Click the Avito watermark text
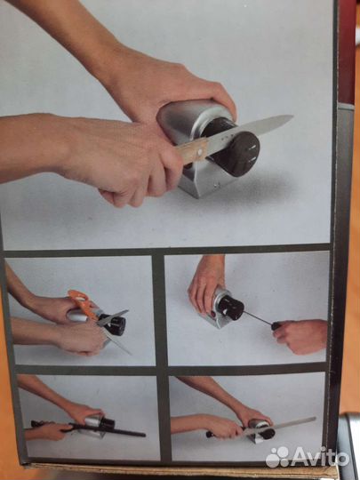319,459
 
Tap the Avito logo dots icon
277,457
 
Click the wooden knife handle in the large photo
191,150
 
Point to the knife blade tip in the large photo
292,116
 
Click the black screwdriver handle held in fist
276,326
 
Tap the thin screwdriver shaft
258,317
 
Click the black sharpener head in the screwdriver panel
231,307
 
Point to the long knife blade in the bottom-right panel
283,425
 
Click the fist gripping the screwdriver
300,336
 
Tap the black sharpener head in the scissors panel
114,324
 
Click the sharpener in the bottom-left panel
97,426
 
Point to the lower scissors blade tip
130,354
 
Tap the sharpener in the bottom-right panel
261,430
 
